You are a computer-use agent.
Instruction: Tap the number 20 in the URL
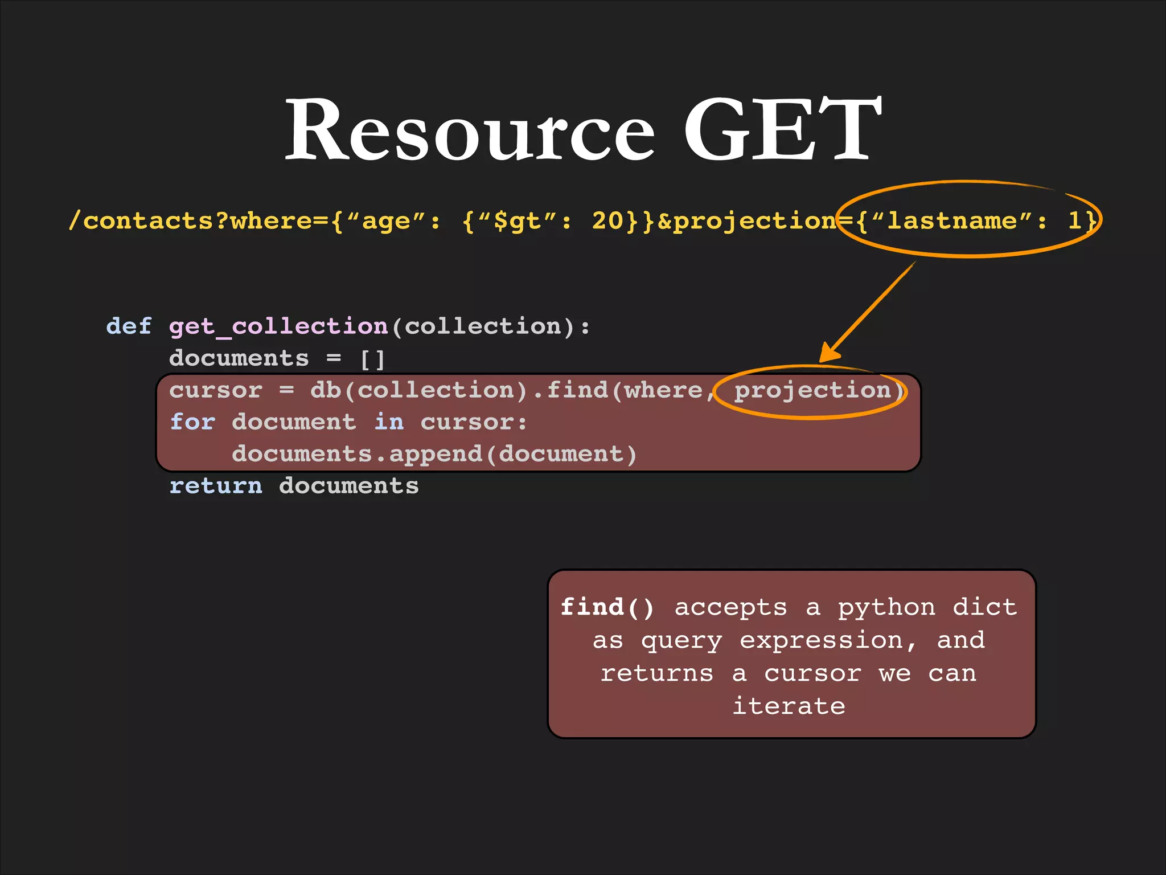point(607,221)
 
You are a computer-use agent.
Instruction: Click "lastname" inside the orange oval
point(952,221)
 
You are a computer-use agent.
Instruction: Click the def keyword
point(129,326)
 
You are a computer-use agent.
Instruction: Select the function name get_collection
point(278,327)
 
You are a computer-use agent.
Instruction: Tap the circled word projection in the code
point(812,391)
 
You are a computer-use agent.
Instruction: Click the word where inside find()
point(663,391)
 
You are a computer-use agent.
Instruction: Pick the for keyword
point(192,422)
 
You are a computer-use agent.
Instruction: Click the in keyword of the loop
point(389,422)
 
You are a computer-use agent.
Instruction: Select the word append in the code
point(436,455)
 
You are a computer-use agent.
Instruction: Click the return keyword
point(216,486)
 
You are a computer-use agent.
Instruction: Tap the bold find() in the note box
point(607,607)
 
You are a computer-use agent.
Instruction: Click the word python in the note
point(886,608)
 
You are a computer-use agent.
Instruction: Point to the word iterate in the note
point(789,706)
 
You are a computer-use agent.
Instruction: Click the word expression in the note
point(821,641)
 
